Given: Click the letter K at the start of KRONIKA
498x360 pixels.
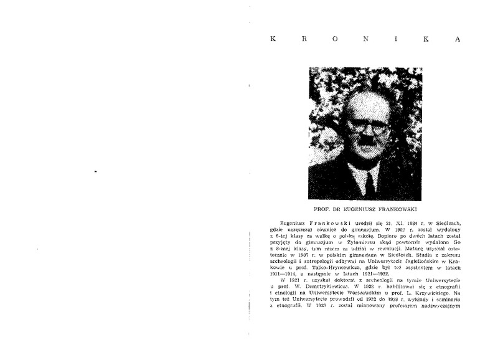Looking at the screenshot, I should click(274, 38).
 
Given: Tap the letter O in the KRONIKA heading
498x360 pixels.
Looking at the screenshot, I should click(336, 38).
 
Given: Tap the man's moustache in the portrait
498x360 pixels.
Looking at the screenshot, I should click(367, 144).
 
